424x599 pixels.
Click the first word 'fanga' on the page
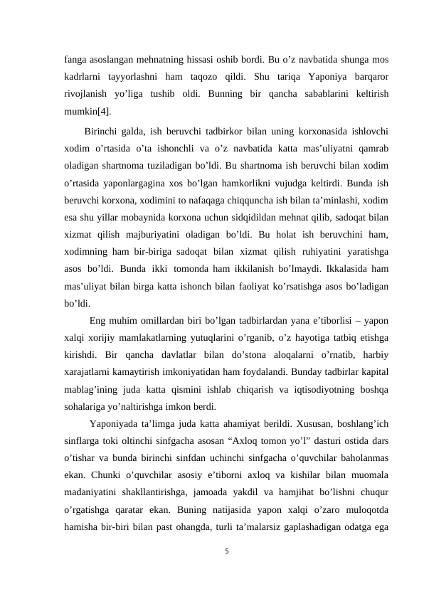[x=76, y=58]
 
